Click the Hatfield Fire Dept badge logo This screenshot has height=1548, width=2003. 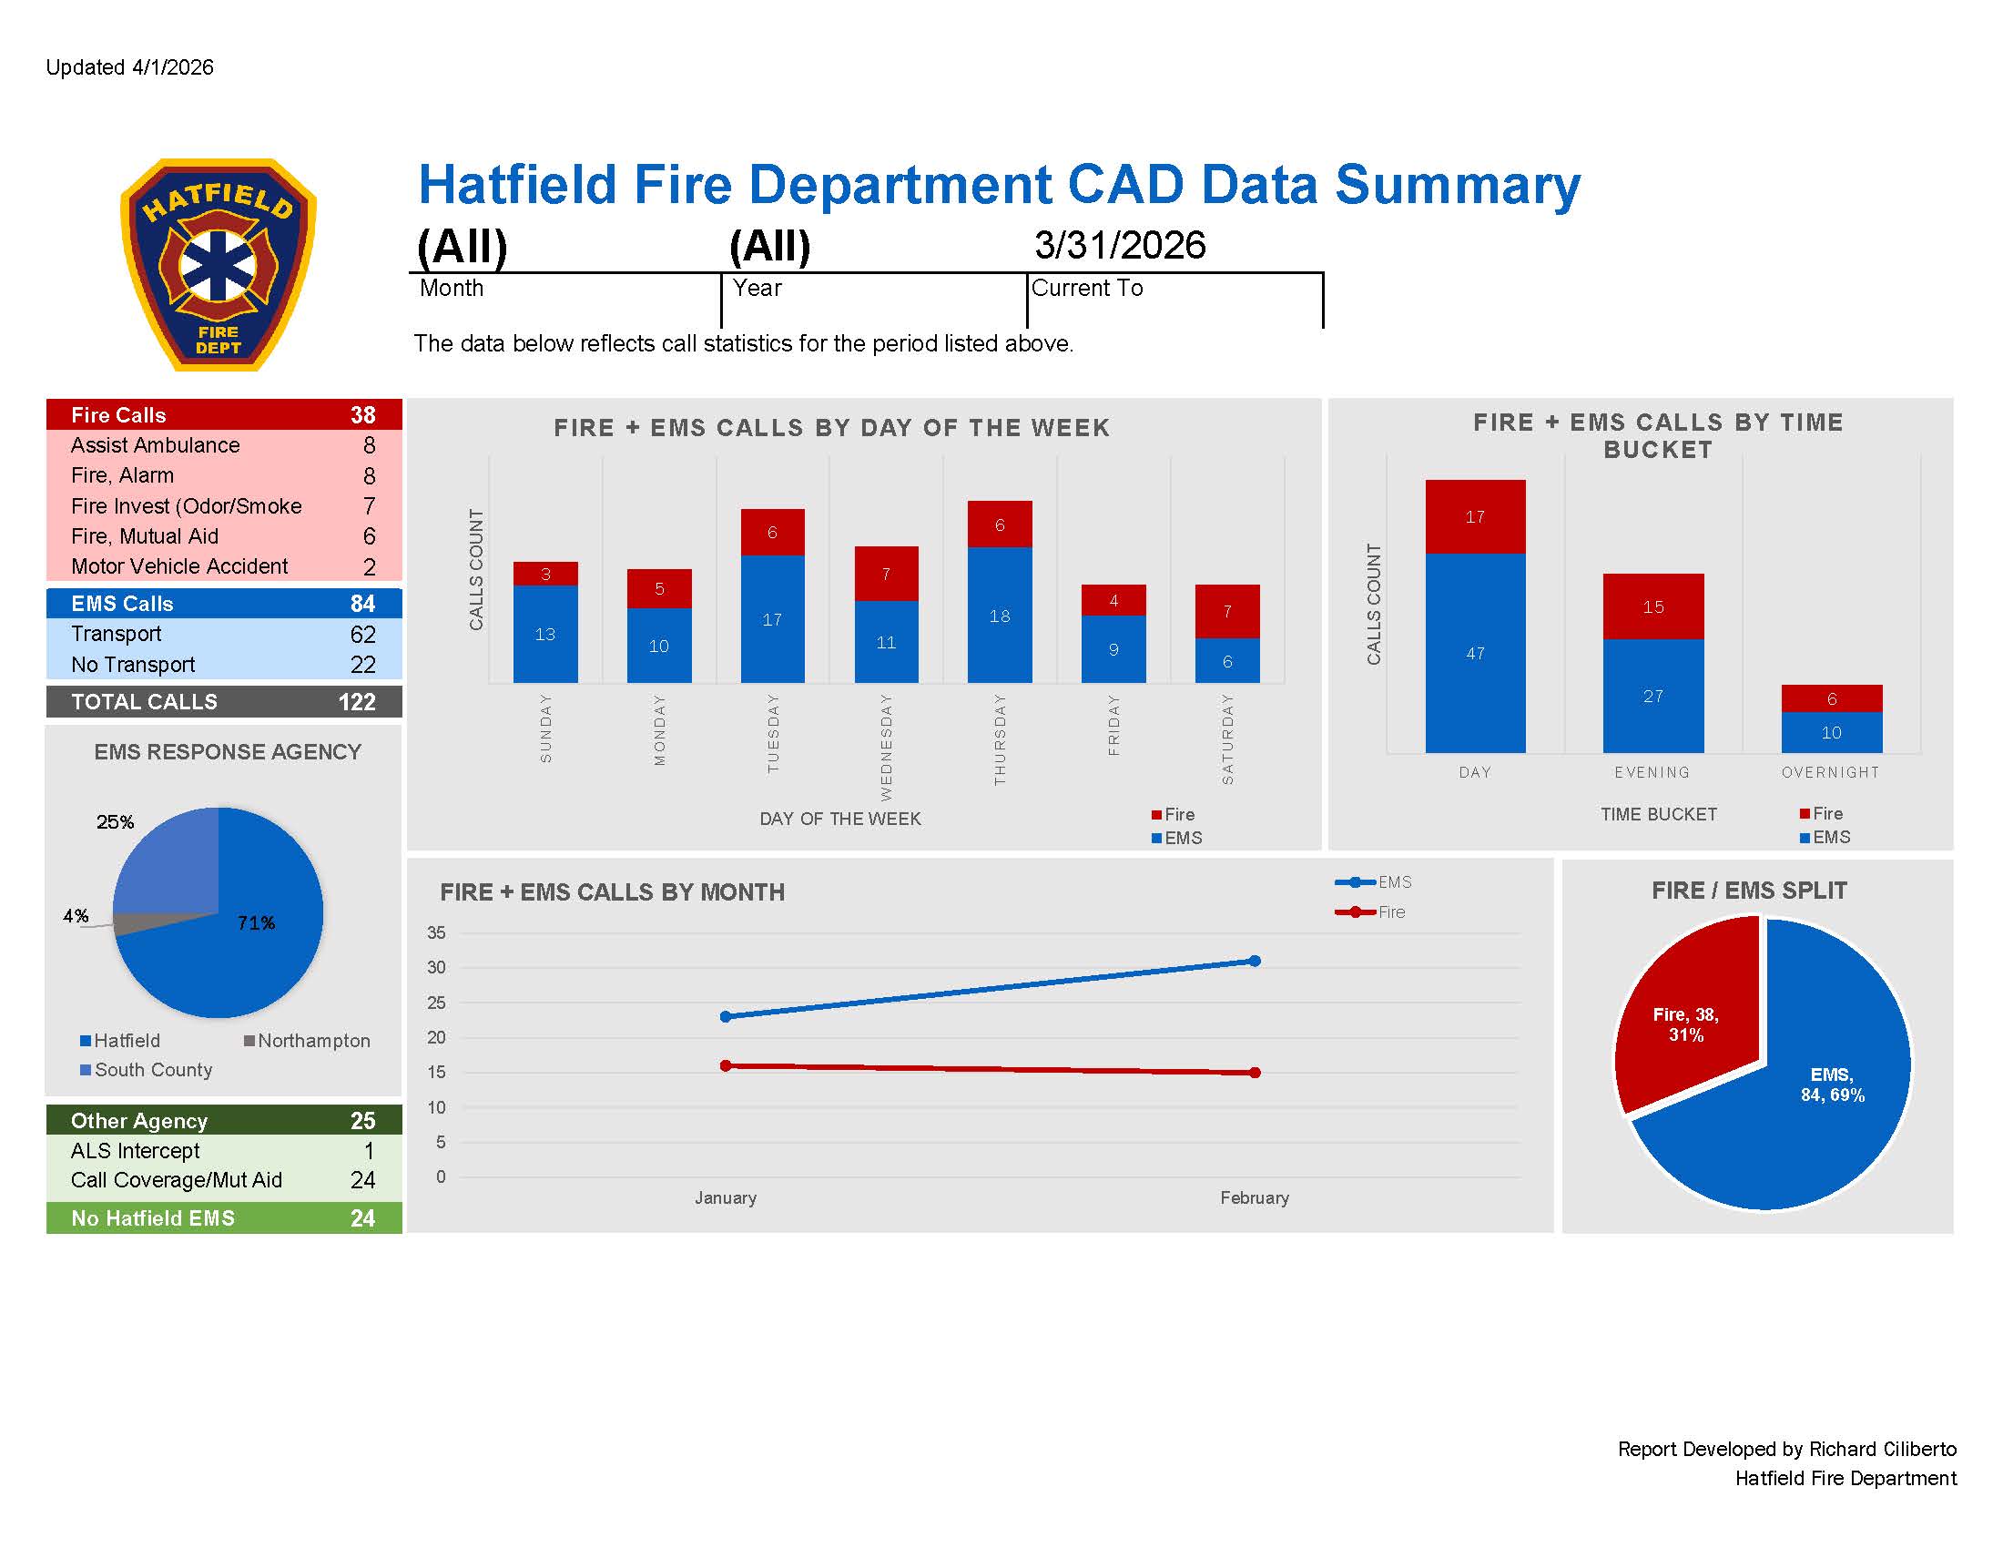tap(219, 265)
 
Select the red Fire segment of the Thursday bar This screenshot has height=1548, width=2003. tap(999, 524)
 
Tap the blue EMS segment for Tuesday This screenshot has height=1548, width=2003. tap(772, 619)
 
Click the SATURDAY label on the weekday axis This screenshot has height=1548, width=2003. tap(1227, 739)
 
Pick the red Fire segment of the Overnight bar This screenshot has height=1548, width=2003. tap(1831, 698)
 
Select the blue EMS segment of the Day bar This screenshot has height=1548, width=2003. tap(1475, 653)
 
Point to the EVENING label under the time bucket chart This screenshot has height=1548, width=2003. tap(1652, 772)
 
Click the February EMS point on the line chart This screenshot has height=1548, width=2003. tap(1255, 961)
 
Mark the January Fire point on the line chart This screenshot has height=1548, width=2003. tap(726, 1065)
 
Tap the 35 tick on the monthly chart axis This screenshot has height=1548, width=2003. tap(436, 932)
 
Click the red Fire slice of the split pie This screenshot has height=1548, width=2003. tap(1685, 1018)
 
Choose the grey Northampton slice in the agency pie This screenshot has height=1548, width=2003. tap(137, 923)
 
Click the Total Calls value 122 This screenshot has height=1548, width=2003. tap(357, 701)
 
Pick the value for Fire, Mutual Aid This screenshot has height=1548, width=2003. tap(369, 536)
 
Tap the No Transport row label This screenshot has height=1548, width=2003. tap(133, 665)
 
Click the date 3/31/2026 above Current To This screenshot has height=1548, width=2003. tap(1120, 245)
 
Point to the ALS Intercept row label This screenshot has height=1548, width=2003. tap(135, 1151)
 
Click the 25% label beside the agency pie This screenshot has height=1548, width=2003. tap(115, 821)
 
